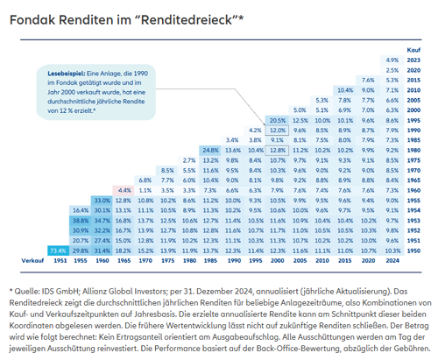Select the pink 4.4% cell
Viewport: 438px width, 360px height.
(124, 189)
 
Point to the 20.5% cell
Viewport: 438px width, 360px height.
(279, 120)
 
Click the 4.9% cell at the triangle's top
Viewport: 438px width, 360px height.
(392, 60)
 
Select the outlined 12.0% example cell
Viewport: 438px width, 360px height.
(279, 130)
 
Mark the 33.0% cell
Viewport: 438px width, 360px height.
(102, 200)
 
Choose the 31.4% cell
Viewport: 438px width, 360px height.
(102, 251)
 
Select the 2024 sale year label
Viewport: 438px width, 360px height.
(392, 261)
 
